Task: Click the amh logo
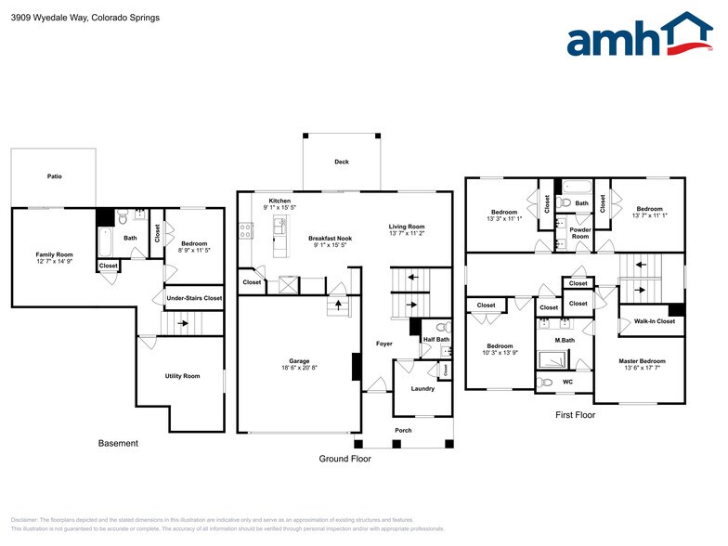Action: (x=640, y=36)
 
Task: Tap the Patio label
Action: (x=55, y=175)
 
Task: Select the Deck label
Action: (x=342, y=162)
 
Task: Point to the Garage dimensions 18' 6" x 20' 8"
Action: (x=298, y=369)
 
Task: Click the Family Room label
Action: (x=54, y=254)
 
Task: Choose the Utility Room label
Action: (x=182, y=376)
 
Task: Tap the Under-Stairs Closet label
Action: (x=193, y=298)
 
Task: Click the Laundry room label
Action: (x=422, y=388)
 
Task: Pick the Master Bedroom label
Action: (x=642, y=360)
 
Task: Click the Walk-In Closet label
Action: (x=654, y=321)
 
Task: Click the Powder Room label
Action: (x=580, y=233)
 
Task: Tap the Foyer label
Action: (x=383, y=344)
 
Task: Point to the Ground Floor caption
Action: (x=344, y=459)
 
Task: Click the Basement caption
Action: (x=118, y=443)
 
